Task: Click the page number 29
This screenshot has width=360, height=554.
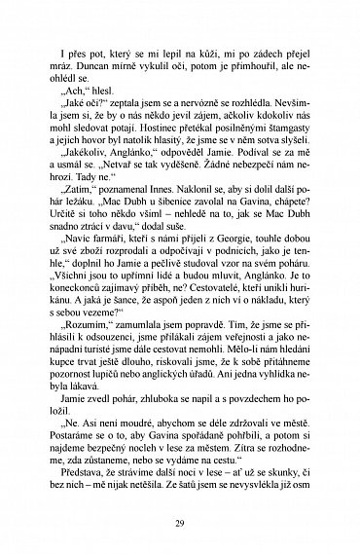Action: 180,527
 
